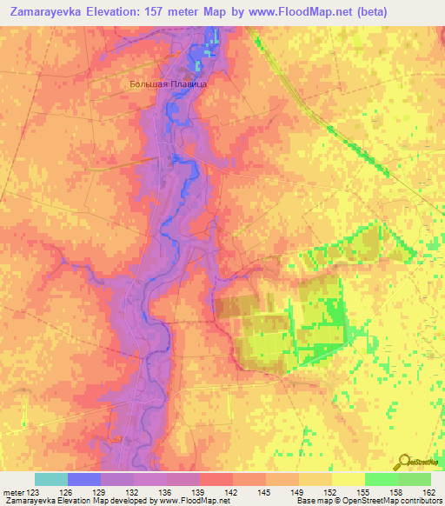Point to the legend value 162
(428, 491)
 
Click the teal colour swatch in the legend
(50, 479)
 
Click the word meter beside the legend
(13, 491)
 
